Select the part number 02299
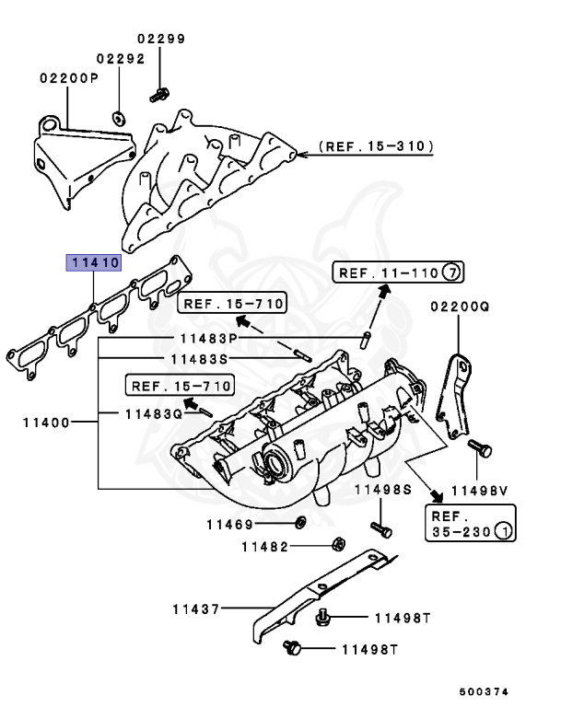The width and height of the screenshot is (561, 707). [x=161, y=39]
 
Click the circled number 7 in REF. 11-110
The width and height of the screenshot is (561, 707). [x=450, y=272]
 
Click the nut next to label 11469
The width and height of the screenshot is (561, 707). [x=300, y=524]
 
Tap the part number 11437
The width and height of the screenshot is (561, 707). [x=194, y=608]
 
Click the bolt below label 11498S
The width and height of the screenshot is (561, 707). [x=382, y=530]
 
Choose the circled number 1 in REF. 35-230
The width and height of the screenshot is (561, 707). [x=505, y=532]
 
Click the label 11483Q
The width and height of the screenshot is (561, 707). [x=154, y=413]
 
